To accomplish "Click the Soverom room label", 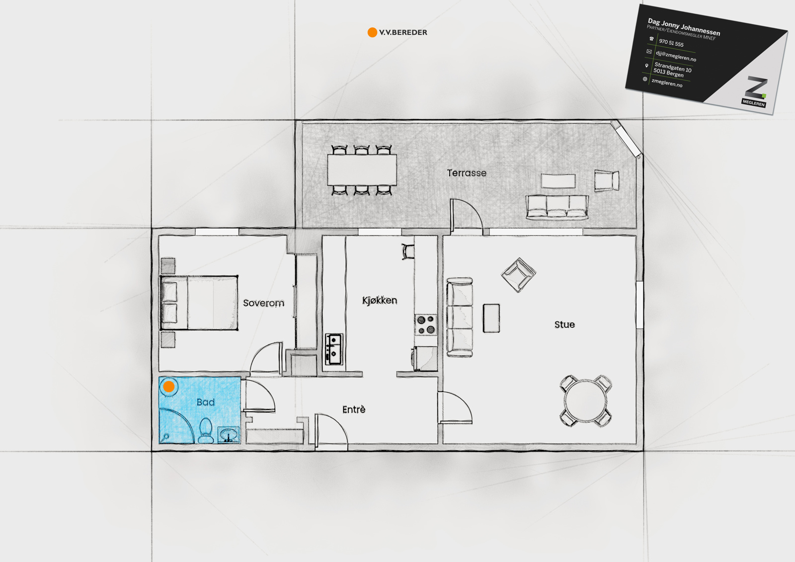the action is point(263,303).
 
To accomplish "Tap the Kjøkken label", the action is point(380,300).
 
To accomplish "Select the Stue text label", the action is point(564,324).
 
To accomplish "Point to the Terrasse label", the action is point(467,173).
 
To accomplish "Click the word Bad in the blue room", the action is point(206,402).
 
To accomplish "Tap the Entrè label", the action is point(353,409).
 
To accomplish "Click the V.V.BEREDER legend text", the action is point(403,32).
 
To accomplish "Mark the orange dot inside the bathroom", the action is point(168,386).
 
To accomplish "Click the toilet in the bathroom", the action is point(205,431).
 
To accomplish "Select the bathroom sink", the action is point(228,435).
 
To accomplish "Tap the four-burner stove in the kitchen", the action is point(426,324).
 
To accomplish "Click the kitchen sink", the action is point(334,349).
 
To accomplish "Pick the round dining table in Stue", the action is point(586,401).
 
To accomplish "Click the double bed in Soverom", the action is point(199,303).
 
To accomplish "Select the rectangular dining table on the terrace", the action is point(362,170).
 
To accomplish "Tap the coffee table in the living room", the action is point(491,318).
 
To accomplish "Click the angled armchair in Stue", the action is point(519,275).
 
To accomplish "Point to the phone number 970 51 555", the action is point(671,43).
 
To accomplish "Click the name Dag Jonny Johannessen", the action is point(684,27).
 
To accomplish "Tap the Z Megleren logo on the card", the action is point(755,91).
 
